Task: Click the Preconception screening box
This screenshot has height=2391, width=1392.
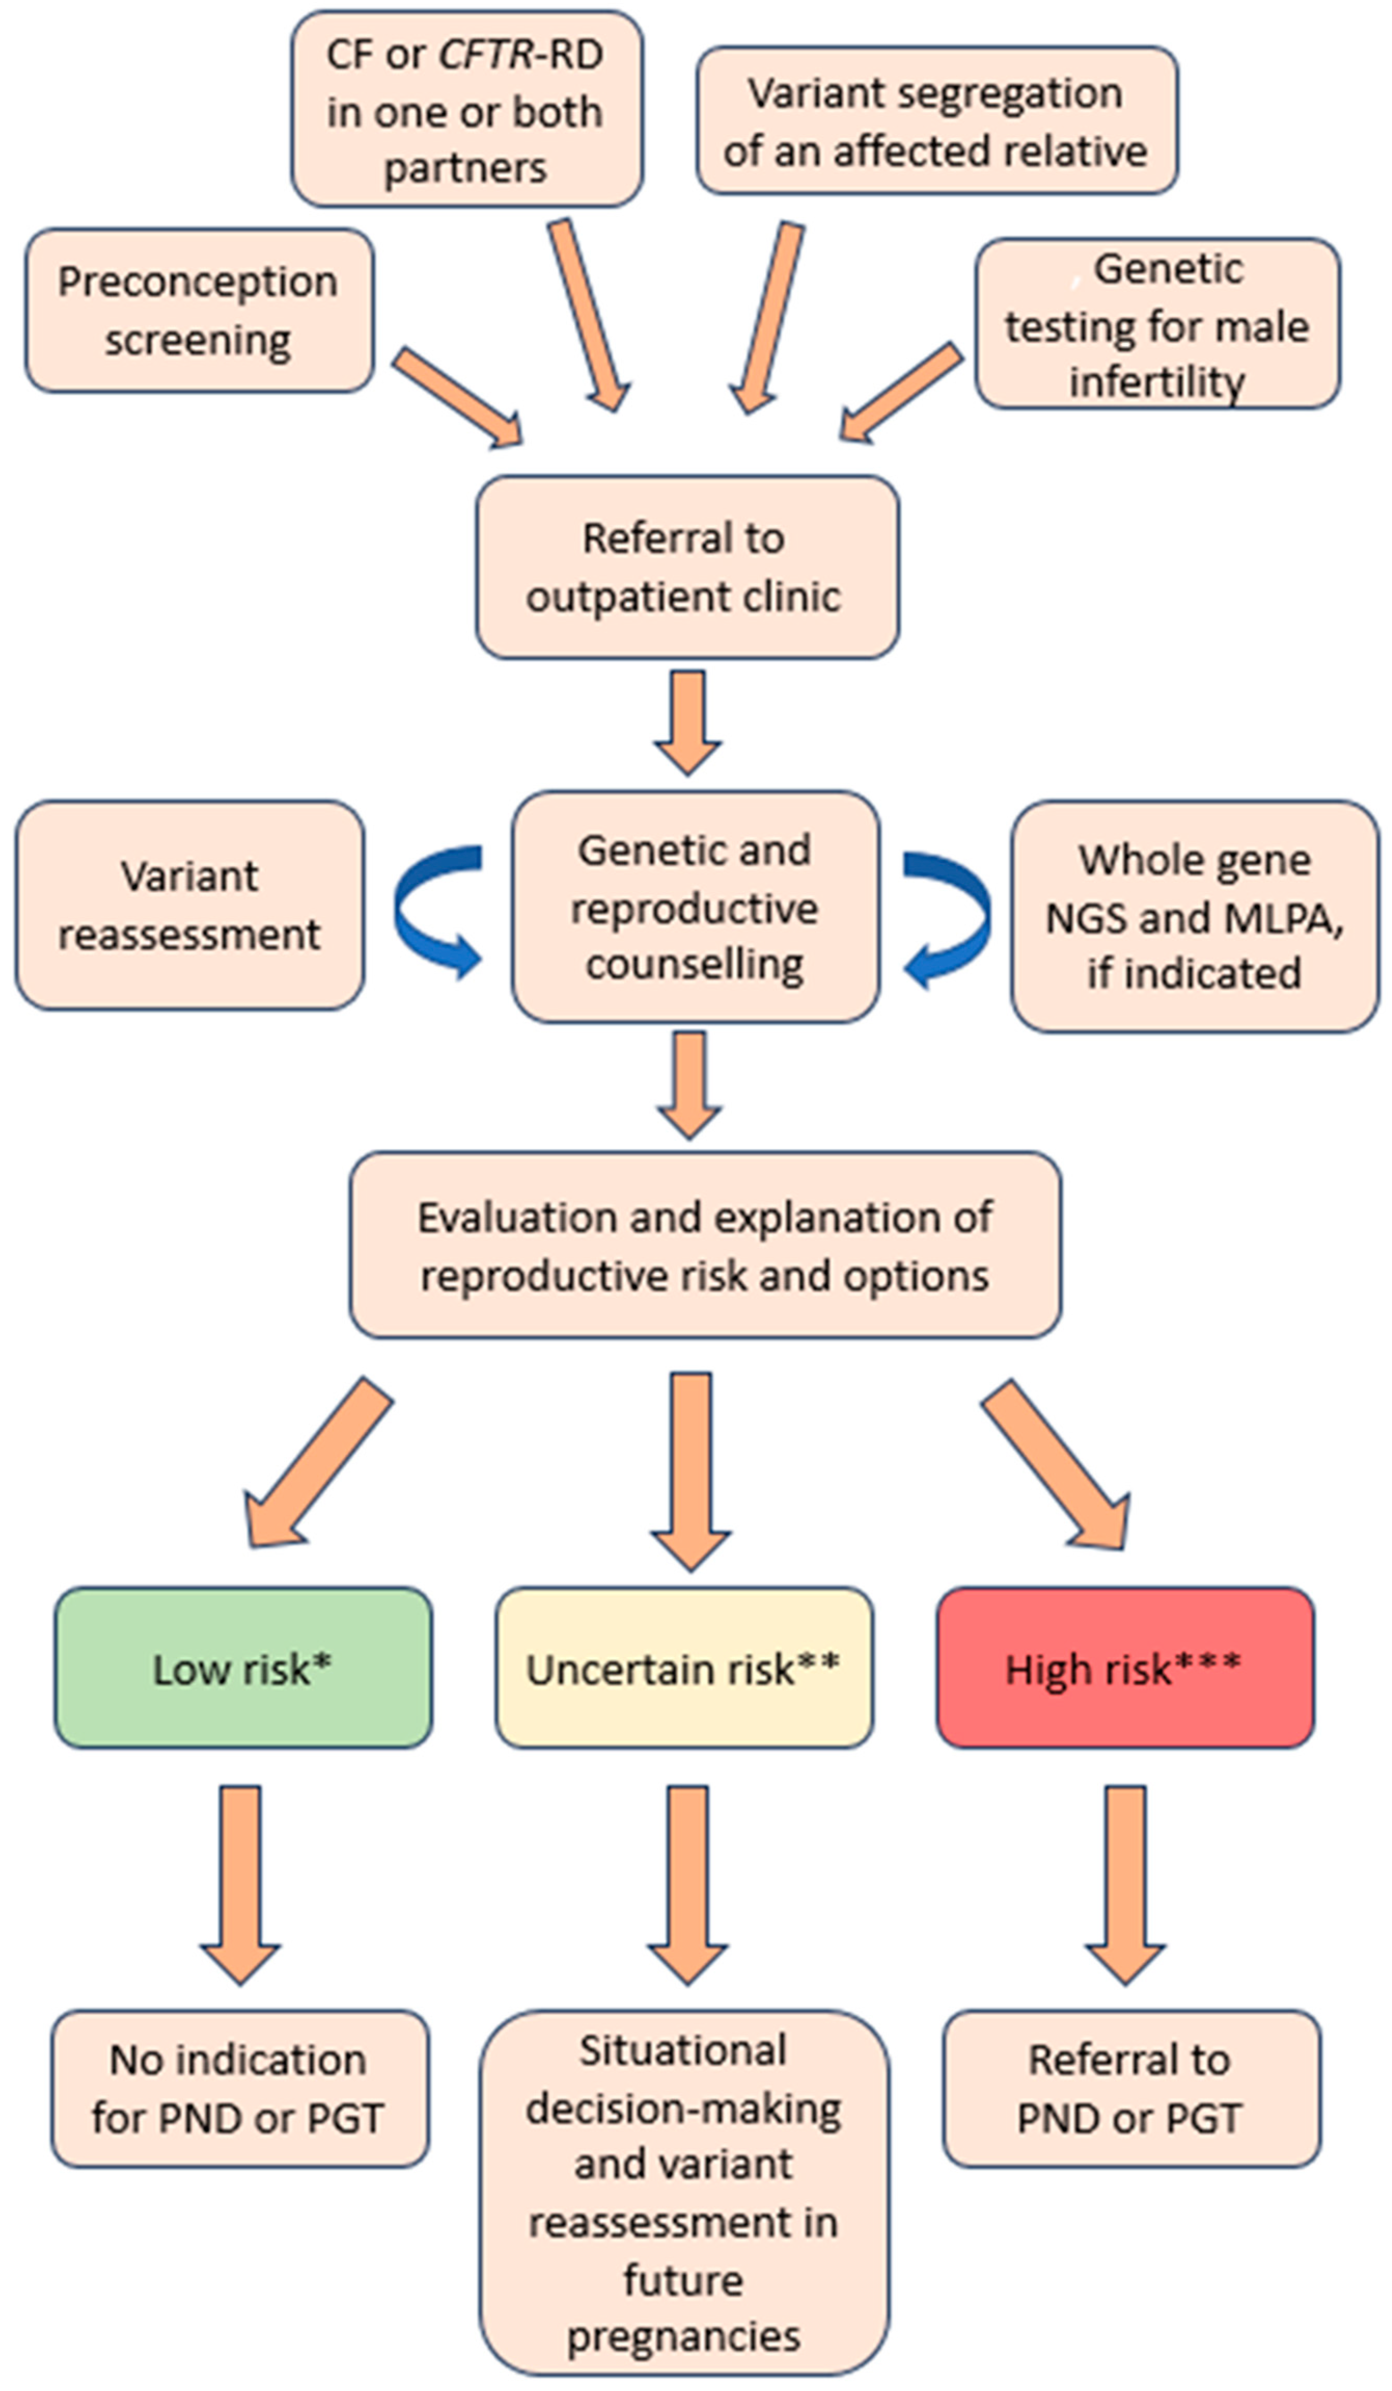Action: point(198,310)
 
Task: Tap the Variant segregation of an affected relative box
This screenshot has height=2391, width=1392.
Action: point(937,121)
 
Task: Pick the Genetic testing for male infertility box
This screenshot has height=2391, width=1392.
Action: point(1157,325)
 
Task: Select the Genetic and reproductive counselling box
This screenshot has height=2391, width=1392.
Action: point(694,907)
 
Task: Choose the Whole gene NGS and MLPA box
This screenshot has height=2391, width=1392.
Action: point(1194,916)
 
